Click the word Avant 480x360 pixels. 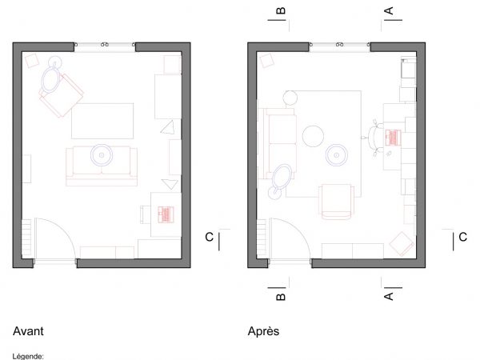coord(28,331)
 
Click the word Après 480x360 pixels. coord(263,331)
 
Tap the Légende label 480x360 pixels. coord(28,357)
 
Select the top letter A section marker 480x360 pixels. coord(389,10)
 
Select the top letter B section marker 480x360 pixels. coord(281,10)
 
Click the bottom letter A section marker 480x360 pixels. coord(389,296)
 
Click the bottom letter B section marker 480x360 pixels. coord(281,297)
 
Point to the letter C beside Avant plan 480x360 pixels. coord(210,237)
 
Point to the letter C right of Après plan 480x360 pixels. coord(463,237)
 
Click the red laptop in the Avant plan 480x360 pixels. coord(166,214)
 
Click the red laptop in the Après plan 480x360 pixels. coord(393,138)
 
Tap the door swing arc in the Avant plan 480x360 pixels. coord(64,230)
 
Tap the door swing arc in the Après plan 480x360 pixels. coord(298,230)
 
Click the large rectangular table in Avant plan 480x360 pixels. coord(102,122)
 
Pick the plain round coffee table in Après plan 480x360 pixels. coord(313,136)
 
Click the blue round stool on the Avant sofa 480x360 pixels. coord(102,155)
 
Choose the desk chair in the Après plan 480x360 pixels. coord(375,138)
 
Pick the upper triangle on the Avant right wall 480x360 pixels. coord(168,127)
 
